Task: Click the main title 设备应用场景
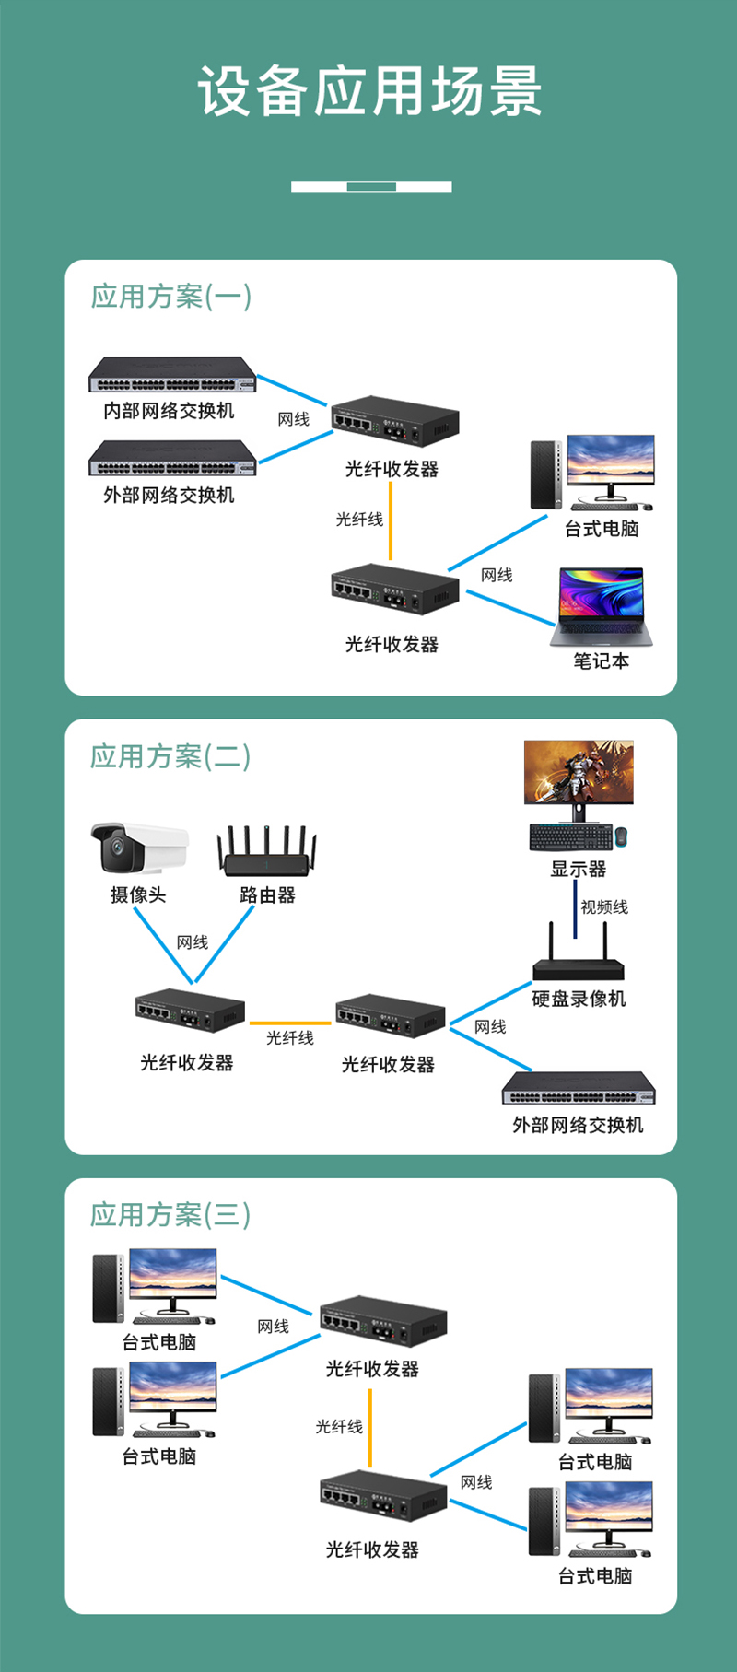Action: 369,91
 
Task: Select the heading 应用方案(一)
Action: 170,297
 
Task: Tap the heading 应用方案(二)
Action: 170,756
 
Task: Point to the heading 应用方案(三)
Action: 170,1215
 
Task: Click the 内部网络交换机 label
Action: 169,411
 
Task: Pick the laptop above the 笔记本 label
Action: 602,607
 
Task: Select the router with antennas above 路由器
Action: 267,852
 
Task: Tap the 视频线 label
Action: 604,907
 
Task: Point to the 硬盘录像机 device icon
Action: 579,963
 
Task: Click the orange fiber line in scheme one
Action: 391,520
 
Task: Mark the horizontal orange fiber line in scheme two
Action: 290,1023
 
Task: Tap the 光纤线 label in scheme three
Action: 339,1427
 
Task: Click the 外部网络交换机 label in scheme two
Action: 578,1125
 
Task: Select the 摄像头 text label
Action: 138,894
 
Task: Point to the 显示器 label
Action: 579,869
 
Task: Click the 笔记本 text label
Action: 601,661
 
